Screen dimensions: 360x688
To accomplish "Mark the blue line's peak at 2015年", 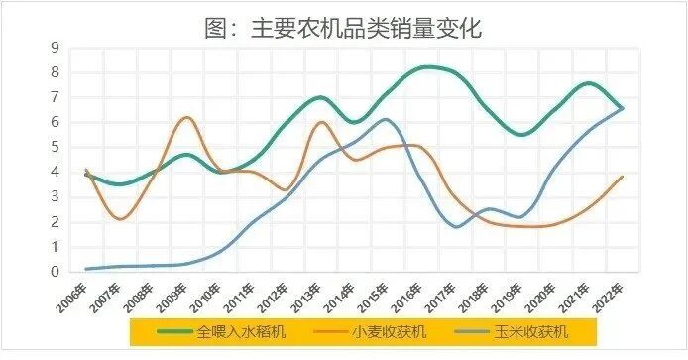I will pos(387,120).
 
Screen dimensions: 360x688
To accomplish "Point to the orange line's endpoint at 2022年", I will pos(623,177).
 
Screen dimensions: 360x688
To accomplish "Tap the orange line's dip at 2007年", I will pos(120,219).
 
